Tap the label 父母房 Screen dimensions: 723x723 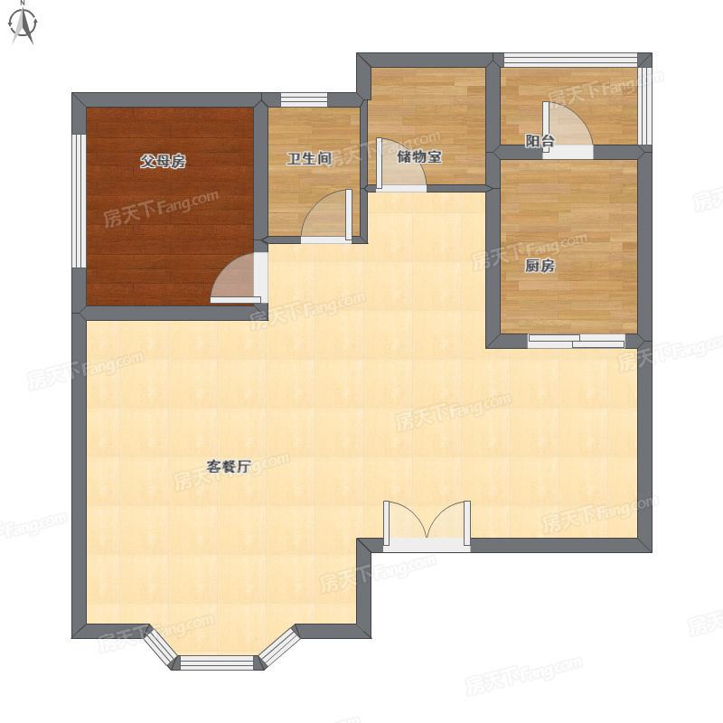164,162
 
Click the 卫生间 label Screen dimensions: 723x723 309,159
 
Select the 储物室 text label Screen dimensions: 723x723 419,156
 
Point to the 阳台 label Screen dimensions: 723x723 540,141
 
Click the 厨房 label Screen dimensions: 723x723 540,266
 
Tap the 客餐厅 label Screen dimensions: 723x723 229,466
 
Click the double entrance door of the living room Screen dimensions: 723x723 427,526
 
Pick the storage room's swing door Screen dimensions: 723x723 401,164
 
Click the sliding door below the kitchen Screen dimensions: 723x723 577,341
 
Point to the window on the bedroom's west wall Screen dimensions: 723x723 79,201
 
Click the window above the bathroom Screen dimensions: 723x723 305,99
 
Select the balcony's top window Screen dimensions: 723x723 571,61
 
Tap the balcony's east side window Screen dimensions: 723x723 645,106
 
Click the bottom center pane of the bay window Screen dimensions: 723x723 217,662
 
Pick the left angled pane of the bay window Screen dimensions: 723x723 162,647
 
